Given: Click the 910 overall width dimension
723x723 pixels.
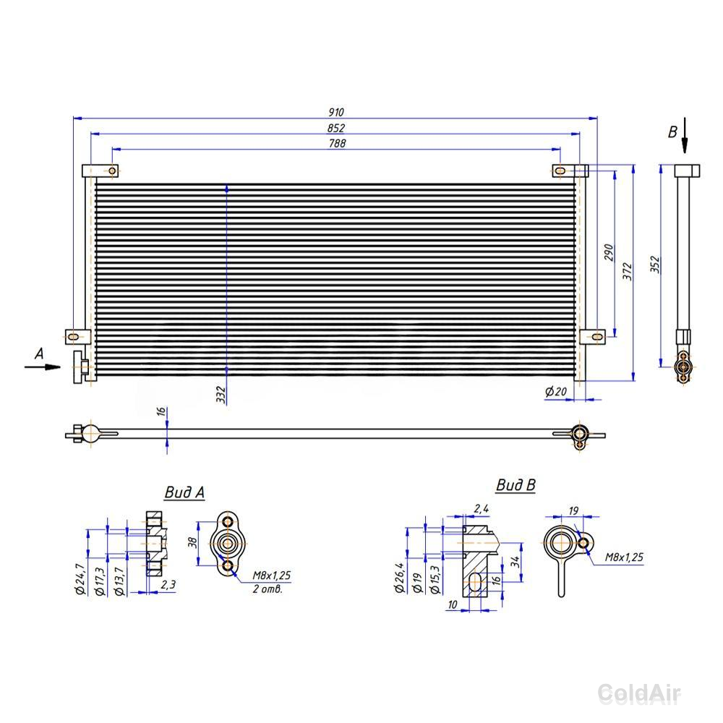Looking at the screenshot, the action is coord(336,112).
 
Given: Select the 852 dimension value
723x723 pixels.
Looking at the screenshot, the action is coord(336,128).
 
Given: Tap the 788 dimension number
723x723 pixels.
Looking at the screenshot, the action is coord(337,143).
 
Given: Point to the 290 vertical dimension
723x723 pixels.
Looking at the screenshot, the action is coord(609,252).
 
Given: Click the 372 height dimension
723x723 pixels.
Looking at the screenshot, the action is coord(627,272).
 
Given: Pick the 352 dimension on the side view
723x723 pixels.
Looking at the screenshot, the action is coord(655,265).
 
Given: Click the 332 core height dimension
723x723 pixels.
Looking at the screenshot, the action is coord(221,395).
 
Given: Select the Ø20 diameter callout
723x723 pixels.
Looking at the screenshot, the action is coord(555,391).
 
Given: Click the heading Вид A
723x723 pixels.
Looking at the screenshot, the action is coord(184,492).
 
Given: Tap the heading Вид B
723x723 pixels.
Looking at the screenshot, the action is coord(516,485).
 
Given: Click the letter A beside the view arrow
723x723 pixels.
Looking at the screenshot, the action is coord(39,354).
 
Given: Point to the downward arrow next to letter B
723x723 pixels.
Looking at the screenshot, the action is coord(685,135).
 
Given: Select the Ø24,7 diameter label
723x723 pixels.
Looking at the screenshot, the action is coord(80,578).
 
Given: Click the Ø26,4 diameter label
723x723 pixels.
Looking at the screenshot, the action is coord(399,577).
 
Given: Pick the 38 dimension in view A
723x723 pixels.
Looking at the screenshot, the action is coord(193,542).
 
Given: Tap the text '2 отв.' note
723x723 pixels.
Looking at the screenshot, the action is coord(267,589).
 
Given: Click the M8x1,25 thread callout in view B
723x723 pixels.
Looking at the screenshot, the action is coord(624,557).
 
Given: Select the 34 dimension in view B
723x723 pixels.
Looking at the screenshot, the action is coord(515,561).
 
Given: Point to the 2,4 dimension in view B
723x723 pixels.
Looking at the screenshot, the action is coord(482,508).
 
